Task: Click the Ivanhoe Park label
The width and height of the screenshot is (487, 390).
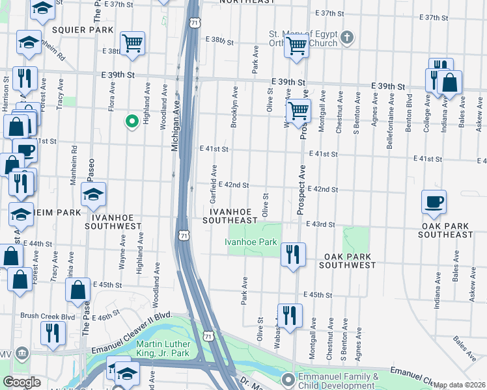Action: (251, 242)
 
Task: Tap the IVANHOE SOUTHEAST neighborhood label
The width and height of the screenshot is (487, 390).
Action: (229, 216)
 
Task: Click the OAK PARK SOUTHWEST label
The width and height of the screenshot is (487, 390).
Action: (347, 261)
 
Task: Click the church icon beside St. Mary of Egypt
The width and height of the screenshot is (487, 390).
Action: (347, 37)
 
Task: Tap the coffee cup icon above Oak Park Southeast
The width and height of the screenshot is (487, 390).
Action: (434, 201)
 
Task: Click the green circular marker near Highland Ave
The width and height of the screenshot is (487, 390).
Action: (131, 120)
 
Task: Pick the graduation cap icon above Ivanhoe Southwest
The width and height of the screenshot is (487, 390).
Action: (94, 194)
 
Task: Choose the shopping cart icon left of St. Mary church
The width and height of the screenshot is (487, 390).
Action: (297, 45)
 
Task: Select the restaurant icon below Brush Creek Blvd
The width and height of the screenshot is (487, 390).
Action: (53, 333)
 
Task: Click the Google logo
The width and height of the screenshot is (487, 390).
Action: (21, 382)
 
